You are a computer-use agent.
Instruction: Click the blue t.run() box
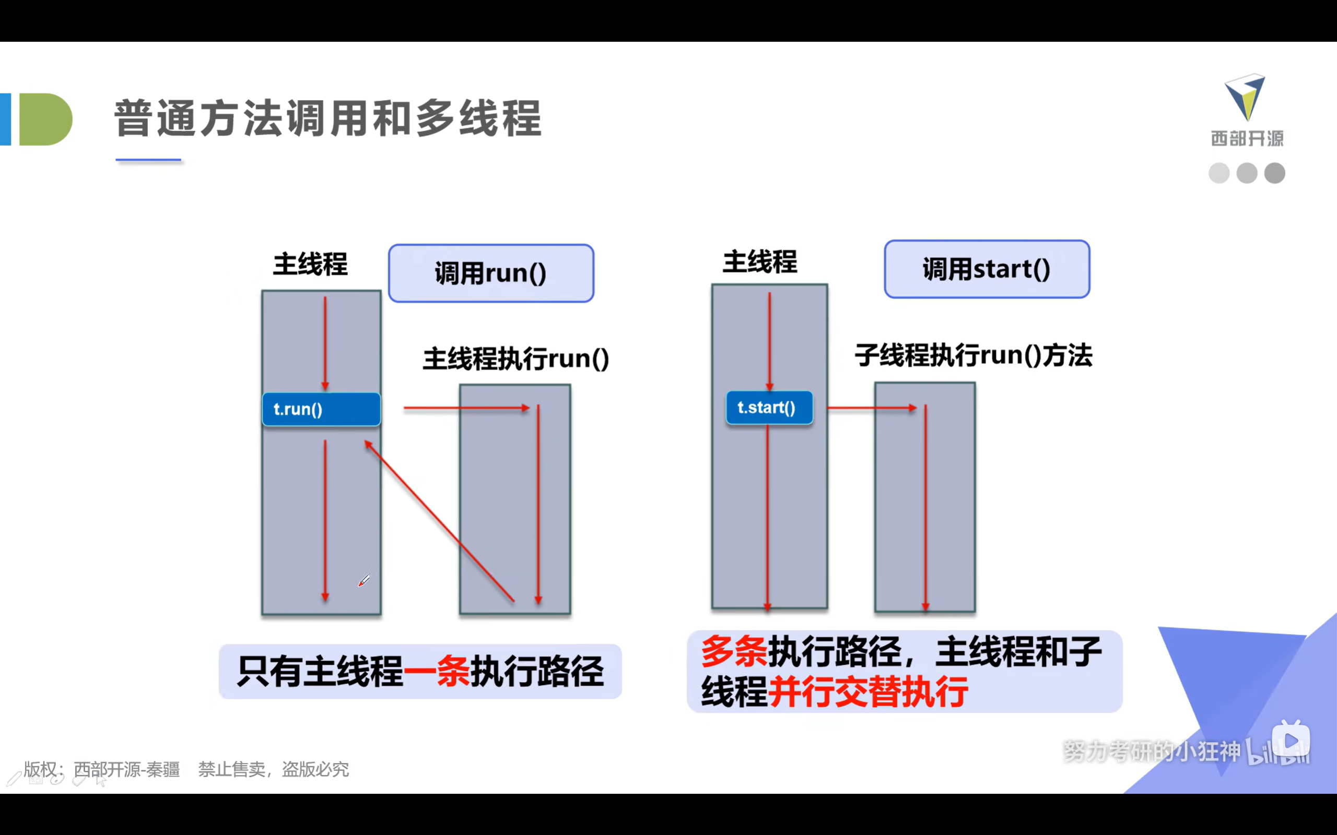[x=321, y=409]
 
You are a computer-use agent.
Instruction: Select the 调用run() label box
[x=490, y=273]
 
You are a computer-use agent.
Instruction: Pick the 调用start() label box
[x=987, y=269]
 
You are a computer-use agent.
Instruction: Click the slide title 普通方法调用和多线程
[x=327, y=118]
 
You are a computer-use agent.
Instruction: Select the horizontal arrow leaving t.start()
[x=871, y=408]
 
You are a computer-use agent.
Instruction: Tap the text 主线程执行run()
[x=516, y=359]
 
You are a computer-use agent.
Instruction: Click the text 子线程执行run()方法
[x=974, y=355]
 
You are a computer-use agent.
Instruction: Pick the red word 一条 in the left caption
[x=437, y=672]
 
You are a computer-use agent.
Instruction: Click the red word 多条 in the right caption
[x=734, y=652]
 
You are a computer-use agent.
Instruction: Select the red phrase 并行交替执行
[x=867, y=692]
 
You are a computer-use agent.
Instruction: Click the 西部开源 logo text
[x=1247, y=138]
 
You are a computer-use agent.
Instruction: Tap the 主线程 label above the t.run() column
[x=311, y=264]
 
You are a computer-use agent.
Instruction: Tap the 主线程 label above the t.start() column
[x=760, y=262]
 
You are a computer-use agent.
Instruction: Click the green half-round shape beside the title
[x=45, y=120]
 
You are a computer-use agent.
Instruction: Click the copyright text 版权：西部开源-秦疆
[x=102, y=769]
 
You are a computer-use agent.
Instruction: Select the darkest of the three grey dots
[x=1274, y=173]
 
